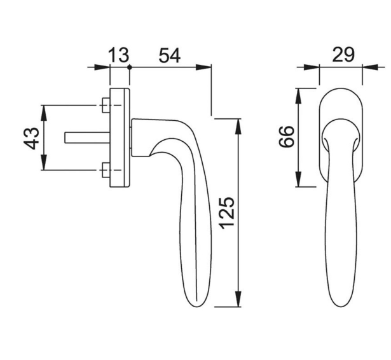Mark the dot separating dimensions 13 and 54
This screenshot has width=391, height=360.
129,67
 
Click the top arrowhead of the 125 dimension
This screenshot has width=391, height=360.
238,125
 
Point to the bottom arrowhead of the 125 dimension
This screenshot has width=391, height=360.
238,300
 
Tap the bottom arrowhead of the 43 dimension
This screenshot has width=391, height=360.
44,164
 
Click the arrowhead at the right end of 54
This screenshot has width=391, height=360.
204,67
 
